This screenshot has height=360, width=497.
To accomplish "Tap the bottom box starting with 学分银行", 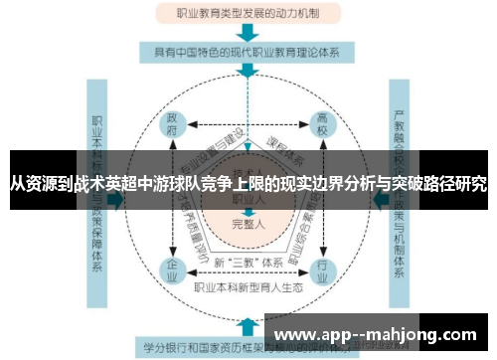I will [199, 348].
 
